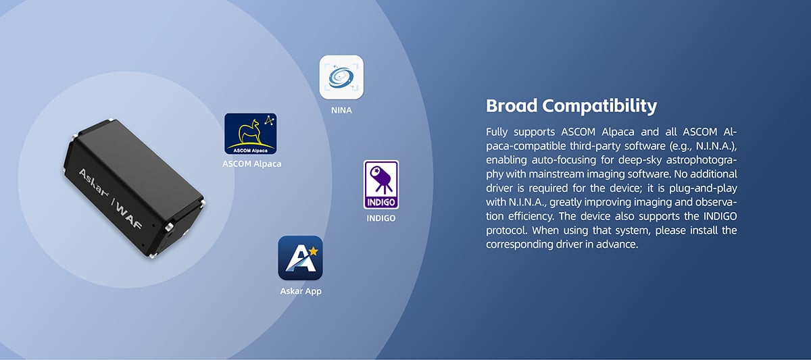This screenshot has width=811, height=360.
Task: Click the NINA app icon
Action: point(341,77)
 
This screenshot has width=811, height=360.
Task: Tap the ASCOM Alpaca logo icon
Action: point(251,134)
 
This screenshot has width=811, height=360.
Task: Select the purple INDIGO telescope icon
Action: point(381,184)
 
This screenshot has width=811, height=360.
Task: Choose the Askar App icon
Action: point(300,258)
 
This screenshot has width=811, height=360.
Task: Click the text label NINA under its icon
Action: point(341,110)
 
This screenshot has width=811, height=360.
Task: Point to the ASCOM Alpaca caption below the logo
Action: point(251,163)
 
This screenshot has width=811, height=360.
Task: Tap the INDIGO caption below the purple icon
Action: point(381,217)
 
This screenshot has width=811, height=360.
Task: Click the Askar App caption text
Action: point(301,291)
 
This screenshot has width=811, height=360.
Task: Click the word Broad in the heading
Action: point(512,105)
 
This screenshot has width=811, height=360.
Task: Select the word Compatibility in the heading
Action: point(599,106)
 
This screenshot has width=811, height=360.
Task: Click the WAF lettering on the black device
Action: point(128,215)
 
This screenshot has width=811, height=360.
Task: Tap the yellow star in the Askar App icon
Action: point(314,251)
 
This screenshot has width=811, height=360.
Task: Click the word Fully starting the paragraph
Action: point(497,132)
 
